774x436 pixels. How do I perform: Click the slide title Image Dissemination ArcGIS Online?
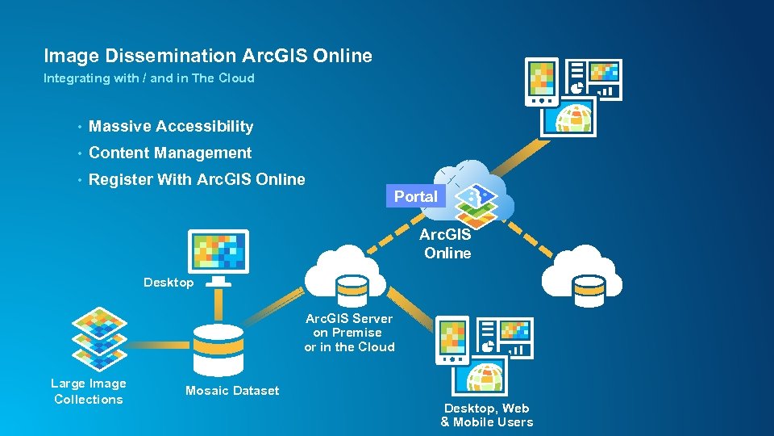[208, 56]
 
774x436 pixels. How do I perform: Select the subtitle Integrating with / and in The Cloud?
[148, 78]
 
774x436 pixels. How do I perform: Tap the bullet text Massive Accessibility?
[171, 127]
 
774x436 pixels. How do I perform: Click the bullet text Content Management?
[170, 153]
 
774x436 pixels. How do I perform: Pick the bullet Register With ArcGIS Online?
[197, 180]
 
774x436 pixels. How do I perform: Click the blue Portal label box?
[415, 196]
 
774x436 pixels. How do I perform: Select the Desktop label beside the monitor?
[169, 283]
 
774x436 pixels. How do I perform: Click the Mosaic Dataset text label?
[232, 391]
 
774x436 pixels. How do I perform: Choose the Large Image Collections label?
[89, 392]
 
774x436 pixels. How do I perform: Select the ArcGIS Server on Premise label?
[349, 333]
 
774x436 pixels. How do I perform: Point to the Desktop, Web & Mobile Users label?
[487, 415]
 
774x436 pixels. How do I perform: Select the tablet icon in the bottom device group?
[452, 340]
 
